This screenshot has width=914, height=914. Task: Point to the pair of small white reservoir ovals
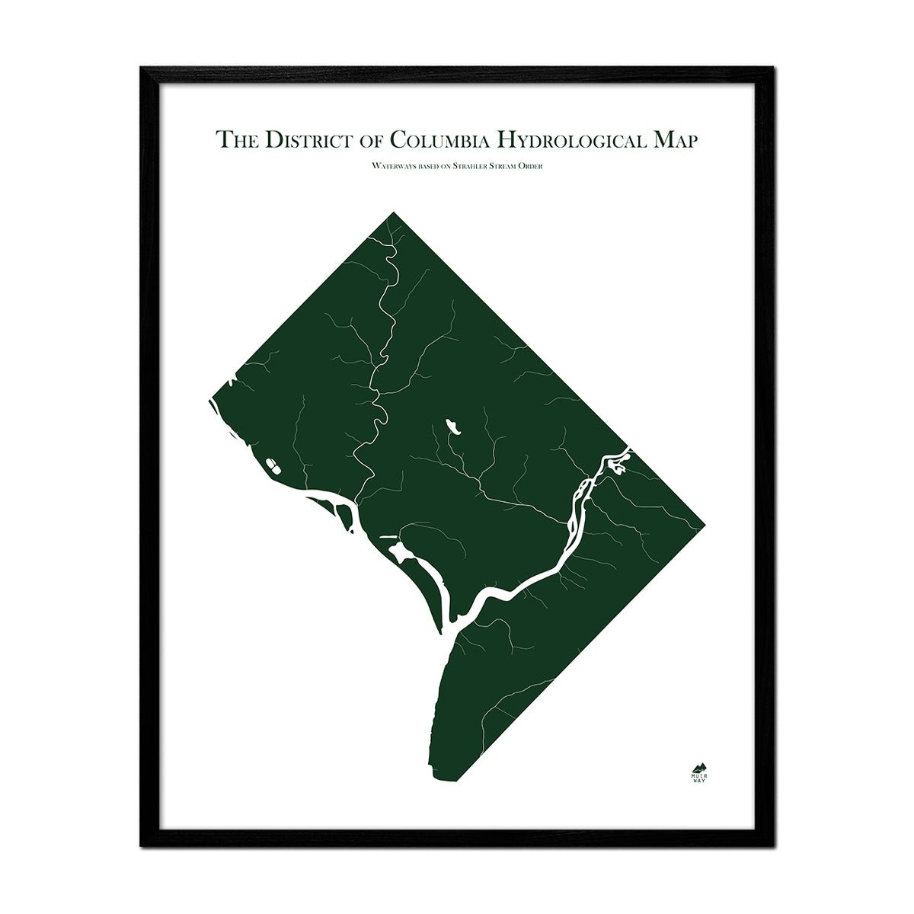(271, 463)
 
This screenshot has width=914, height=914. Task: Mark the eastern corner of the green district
(703, 524)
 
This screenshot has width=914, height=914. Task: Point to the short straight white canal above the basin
(388, 537)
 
